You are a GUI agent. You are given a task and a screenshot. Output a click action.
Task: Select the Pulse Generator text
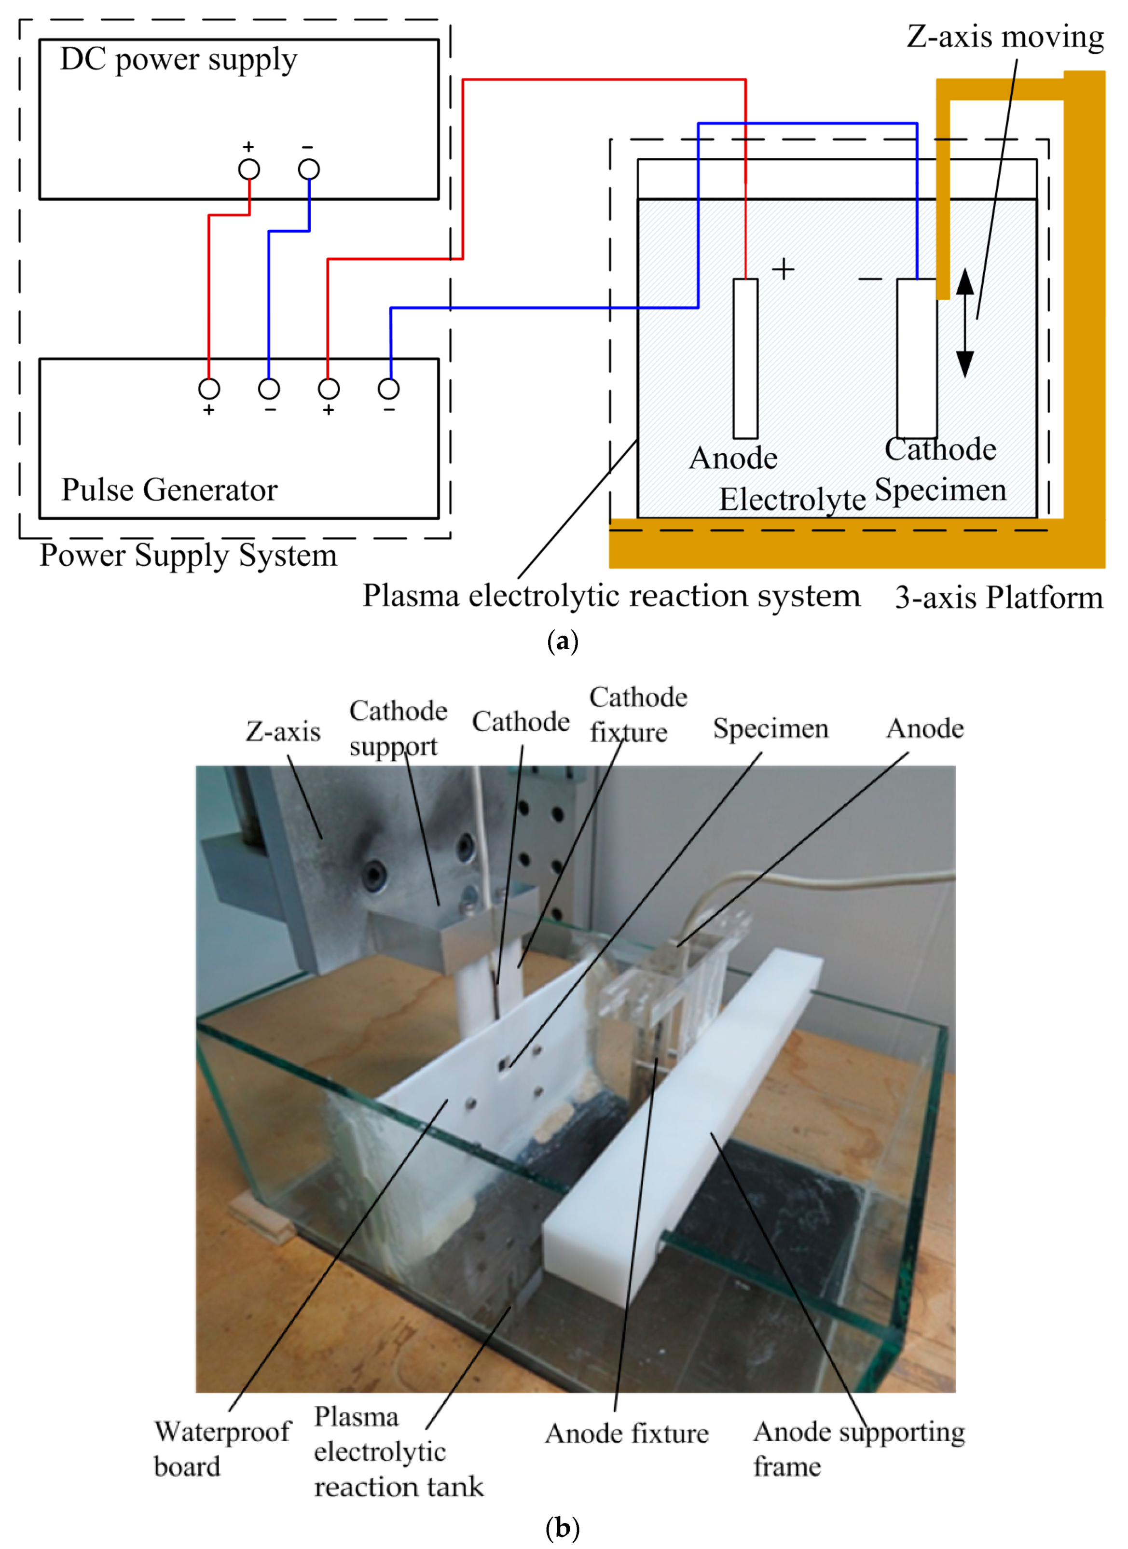(169, 489)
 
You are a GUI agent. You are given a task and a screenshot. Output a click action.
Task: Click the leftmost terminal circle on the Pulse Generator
(209, 389)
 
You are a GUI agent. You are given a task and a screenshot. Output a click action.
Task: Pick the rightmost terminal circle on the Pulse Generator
(388, 389)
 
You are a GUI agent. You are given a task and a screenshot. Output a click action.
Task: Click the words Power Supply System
(188, 555)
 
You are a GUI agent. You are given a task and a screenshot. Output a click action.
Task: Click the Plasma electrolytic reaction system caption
(611, 596)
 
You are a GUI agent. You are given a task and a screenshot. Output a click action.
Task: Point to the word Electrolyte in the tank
(792, 499)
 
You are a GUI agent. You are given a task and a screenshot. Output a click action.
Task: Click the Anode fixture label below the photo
(626, 1433)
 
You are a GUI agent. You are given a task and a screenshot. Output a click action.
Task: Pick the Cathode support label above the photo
(398, 728)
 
